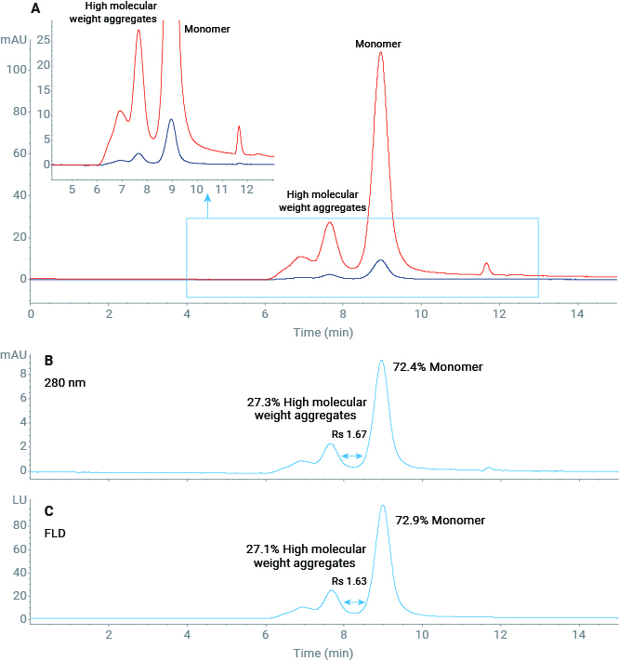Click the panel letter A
[35, 9]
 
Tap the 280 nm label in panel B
[62, 380]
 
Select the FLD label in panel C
[56, 535]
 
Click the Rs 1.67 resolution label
[349, 434]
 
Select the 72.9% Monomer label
[441, 519]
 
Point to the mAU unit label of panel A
[14, 41]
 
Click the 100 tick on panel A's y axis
[16, 70]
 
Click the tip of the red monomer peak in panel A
[380, 53]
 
